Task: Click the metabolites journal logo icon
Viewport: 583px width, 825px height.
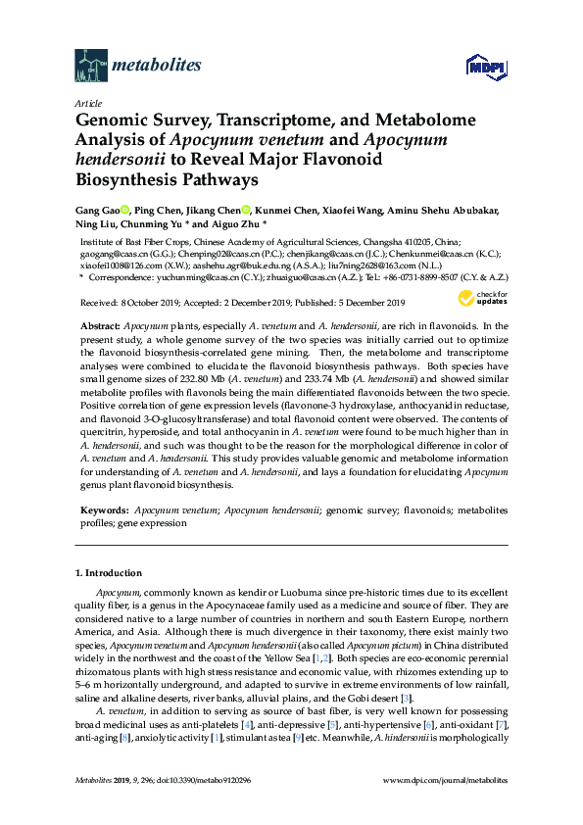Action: pos(91,66)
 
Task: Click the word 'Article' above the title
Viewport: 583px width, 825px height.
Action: pos(87,103)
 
